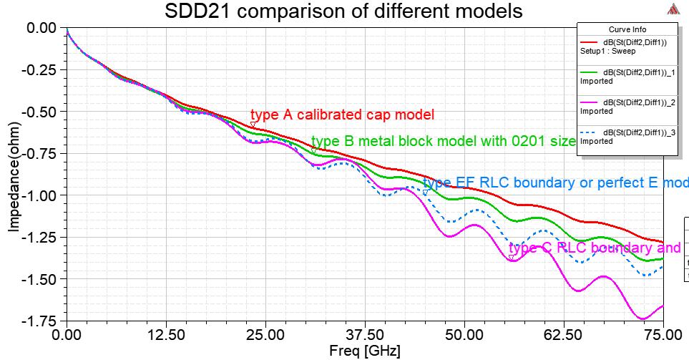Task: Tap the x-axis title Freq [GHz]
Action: pyautogui.click(x=361, y=351)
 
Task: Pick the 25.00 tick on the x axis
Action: pyautogui.click(x=265, y=335)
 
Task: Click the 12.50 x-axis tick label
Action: pyautogui.click(x=166, y=335)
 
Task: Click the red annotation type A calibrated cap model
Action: pyautogui.click(x=342, y=115)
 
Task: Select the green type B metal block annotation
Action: pyautogui.click(x=444, y=141)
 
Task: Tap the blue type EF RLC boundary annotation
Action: pyautogui.click(x=555, y=183)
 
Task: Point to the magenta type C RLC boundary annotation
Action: pyautogui.click(x=594, y=248)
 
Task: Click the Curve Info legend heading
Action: pyautogui.click(x=627, y=29)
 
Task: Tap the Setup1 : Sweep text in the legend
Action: pyautogui.click(x=607, y=51)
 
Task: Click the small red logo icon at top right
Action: pyautogui.click(x=673, y=9)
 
